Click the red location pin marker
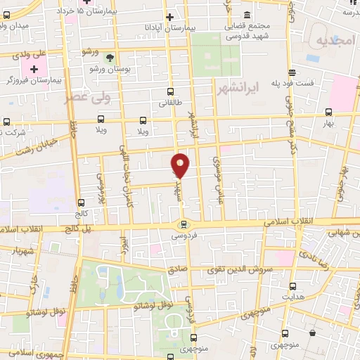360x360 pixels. (181, 165)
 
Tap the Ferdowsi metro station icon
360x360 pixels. (184, 224)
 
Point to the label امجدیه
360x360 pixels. (335, 40)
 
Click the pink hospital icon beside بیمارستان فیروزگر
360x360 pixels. (32, 70)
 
